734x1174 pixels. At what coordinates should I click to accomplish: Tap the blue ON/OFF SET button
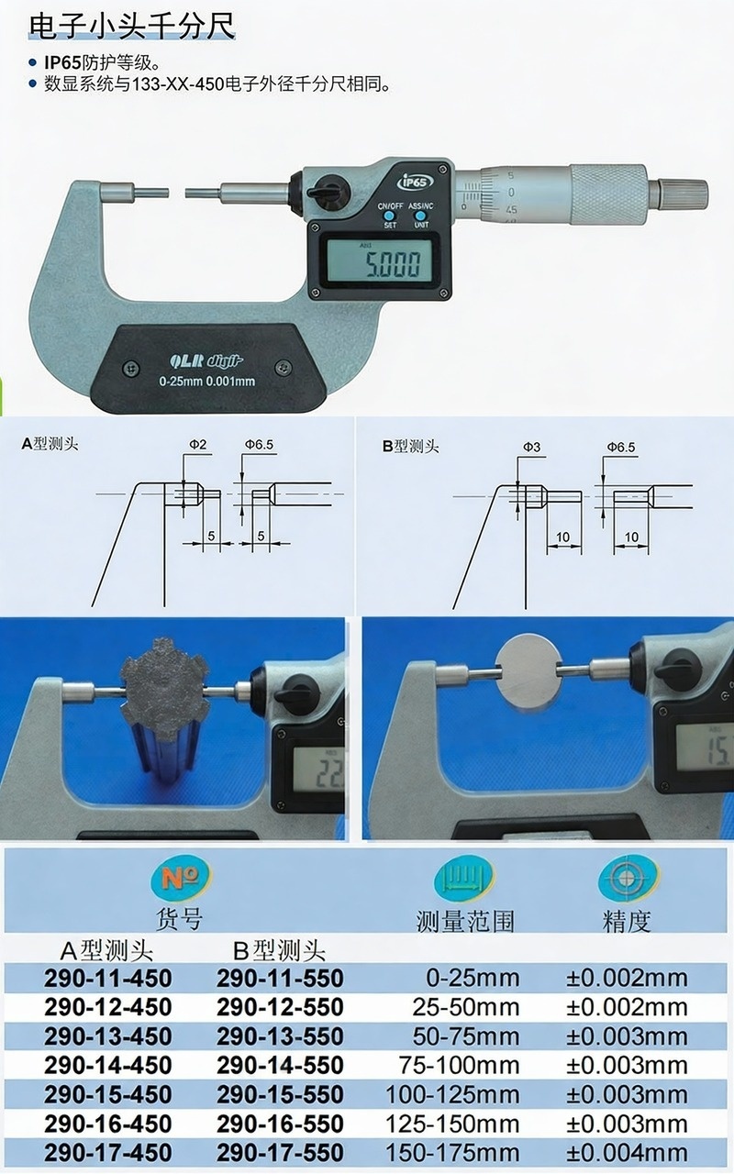[389, 216]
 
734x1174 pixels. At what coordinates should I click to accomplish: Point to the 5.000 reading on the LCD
[393, 263]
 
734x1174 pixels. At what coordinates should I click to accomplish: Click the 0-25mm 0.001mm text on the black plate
[207, 381]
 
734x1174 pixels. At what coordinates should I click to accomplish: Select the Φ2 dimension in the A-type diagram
[197, 445]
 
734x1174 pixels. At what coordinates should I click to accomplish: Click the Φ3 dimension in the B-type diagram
[531, 447]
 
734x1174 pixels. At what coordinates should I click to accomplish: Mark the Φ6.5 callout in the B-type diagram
[621, 447]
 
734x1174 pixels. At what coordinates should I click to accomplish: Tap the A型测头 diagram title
[50, 444]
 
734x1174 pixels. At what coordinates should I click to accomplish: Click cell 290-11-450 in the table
[108, 978]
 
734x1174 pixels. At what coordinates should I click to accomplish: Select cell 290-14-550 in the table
[281, 1065]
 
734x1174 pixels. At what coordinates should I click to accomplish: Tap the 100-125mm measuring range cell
[452, 1094]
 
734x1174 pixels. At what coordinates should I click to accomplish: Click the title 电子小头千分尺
[131, 26]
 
